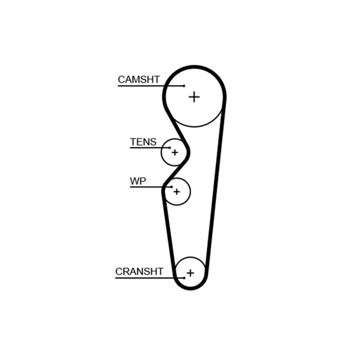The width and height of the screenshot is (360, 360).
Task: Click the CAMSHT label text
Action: click(x=139, y=80)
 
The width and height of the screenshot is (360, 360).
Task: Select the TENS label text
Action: click(x=143, y=142)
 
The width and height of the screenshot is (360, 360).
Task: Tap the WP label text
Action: click(x=138, y=181)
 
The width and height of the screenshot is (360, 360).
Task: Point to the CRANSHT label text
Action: click(x=139, y=271)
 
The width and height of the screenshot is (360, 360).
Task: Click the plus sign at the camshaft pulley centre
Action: click(x=194, y=97)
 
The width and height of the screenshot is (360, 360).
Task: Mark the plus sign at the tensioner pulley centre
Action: click(x=175, y=152)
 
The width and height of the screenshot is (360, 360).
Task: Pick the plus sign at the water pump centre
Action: click(x=176, y=192)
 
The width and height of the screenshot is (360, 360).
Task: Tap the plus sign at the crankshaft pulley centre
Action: click(x=190, y=273)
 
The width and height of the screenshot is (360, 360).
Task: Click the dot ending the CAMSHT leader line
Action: click(x=184, y=86)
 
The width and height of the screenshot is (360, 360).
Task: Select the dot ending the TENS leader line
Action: click(x=170, y=148)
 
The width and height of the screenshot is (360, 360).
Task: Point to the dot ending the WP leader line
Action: click(x=171, y=187)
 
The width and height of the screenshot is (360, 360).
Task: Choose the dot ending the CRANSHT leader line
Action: click(x=184, y=278)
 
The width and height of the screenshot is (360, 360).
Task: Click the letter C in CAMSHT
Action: click(x=121, y=80)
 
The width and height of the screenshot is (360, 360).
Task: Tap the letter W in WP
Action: click(x=135, y=181)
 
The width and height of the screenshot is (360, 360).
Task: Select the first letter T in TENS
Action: click(x=133, y=142)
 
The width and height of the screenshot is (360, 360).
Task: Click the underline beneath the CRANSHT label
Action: click(x=150, y=278)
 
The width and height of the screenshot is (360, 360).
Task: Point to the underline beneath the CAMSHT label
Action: click(x=151, y=86)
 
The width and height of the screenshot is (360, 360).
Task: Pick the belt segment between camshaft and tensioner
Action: click(x=177, y=129)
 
